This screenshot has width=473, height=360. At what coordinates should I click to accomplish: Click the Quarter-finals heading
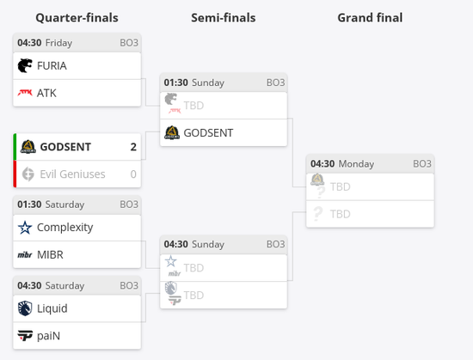click(x=77, y=18)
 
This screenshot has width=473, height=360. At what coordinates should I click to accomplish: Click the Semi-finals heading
click(x=224, y=18)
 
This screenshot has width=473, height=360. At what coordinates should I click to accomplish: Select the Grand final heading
click(x=370, y=18)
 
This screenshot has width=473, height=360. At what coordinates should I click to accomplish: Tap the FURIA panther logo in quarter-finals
click(x=25, y=65)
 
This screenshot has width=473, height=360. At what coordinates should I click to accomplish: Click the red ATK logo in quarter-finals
click(x=25, y=93)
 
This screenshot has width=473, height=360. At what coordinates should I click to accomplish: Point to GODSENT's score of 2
click(x=133, y=147)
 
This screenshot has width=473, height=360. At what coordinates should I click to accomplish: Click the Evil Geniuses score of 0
click(x=133, y=174)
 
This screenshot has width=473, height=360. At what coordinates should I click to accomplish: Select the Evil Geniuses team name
click(x=72, y=174)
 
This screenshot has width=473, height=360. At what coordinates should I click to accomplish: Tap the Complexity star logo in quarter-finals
click(x=25, y=228)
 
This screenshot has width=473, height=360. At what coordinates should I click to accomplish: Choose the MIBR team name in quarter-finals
click(x=50, y=255)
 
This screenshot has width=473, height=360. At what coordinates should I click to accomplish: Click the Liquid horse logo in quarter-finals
click(x=25, y=308)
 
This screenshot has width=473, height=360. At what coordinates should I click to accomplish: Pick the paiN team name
click(x=48, y=336)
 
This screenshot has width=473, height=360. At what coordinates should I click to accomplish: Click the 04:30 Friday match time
click(x=45, y=43)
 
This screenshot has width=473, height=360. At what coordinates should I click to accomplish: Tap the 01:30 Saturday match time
click(x=51, y=204)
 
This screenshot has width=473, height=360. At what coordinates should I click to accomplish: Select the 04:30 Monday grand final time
click(x=342, y=164)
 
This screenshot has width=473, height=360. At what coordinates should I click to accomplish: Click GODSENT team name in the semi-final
click(x=208, y=133)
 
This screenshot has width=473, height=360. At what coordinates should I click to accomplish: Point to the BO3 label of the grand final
click(x=422, y=164)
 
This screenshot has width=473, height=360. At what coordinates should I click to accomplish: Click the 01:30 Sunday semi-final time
click(x=194, y=82)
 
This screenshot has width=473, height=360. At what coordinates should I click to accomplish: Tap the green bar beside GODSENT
click(x=15, y=147)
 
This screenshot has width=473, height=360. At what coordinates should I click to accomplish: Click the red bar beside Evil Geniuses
click(x=15, y=174)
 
